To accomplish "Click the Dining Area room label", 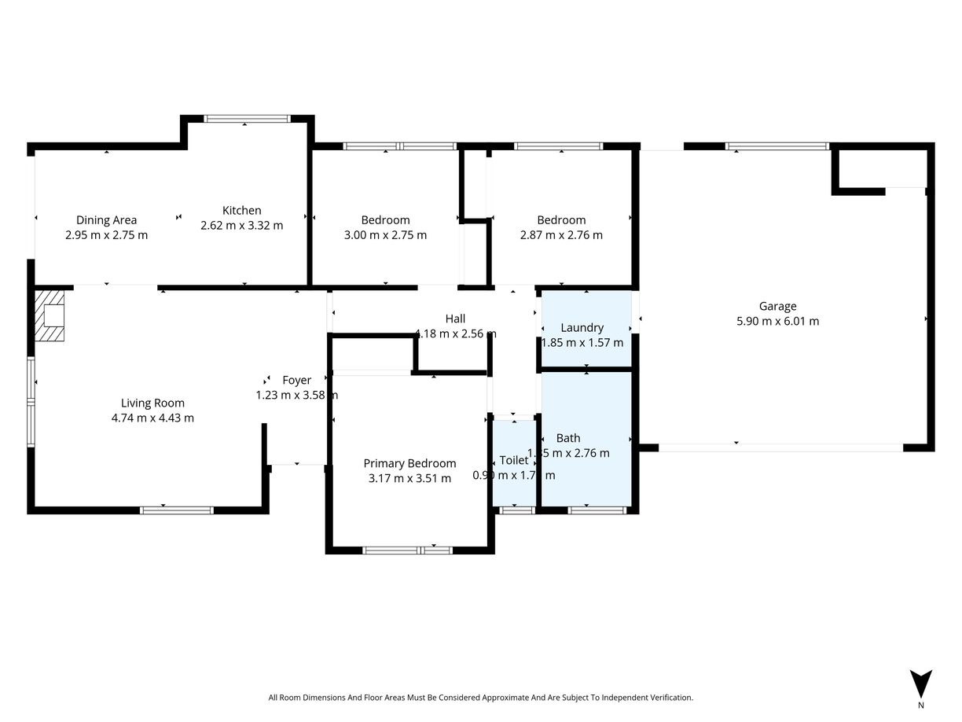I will (x=106, y=220).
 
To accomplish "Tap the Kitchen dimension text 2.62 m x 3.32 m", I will (x=241, y=226).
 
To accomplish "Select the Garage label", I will (x=777, y=307).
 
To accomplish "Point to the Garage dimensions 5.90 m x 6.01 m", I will (x=777, y=321).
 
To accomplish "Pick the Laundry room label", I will (x=582, y=327).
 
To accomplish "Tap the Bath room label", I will (x=568, y=438).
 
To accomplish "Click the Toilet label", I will (x=514, y=460).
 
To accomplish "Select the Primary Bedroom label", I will (x=409, y=463).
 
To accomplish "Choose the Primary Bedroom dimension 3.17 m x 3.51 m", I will (x=409, y=478).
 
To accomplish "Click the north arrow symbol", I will (x=920, y=683).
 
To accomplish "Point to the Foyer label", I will (x=297, y=381).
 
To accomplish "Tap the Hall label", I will (x=455, y=319).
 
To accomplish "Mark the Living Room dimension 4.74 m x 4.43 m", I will (x=152, y=418).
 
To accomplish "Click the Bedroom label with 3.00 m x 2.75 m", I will (x=385, y=220).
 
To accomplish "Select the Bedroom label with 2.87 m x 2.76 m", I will (x=561, y=220).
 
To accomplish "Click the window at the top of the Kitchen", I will (x=247, y=119).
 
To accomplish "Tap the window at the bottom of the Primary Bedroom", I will (x=408, y=550).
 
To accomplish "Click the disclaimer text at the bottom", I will (x=480, y=698).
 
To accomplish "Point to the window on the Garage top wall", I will (x=777, y=146).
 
